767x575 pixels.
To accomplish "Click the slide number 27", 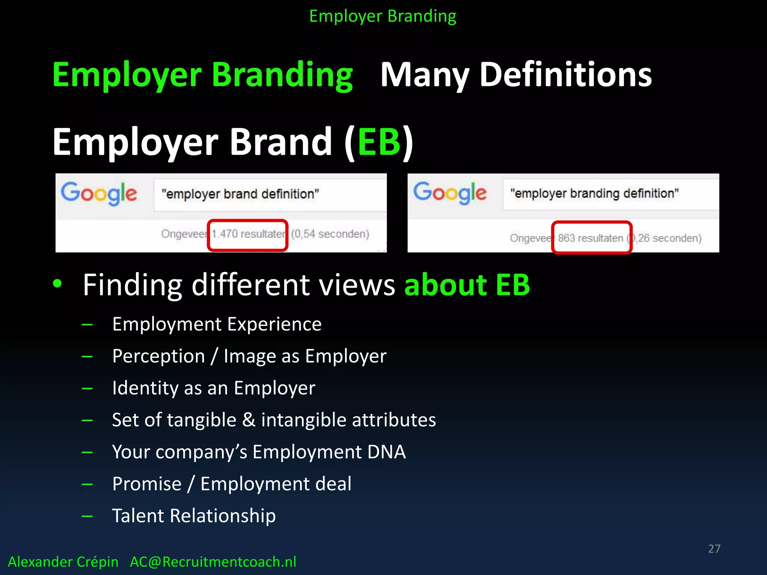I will [714, 548].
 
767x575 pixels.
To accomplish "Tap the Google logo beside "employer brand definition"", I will [99, 194].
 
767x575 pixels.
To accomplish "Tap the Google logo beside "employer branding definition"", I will [450, 193].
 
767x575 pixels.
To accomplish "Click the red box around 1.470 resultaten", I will [248, 235].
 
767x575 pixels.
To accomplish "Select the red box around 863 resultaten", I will [591, 238].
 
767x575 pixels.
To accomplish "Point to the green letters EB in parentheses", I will [379, 142].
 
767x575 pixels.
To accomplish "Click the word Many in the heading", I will [425, 75].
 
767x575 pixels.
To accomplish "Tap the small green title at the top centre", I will [383, 16].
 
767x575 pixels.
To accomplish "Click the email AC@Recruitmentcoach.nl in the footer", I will [213, 562].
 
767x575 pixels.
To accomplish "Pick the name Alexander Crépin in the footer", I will [63, 562].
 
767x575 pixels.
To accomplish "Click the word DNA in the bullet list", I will [386, 452].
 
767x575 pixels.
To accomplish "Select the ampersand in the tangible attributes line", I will [249, 420].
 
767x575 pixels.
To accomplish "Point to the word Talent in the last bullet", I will [138, 516].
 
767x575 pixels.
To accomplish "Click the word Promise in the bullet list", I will [147, 484].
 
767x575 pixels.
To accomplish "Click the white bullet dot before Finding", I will [57, 283].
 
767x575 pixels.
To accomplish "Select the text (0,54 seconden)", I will [330, 234].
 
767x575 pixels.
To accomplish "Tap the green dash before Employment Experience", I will [87, 325].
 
